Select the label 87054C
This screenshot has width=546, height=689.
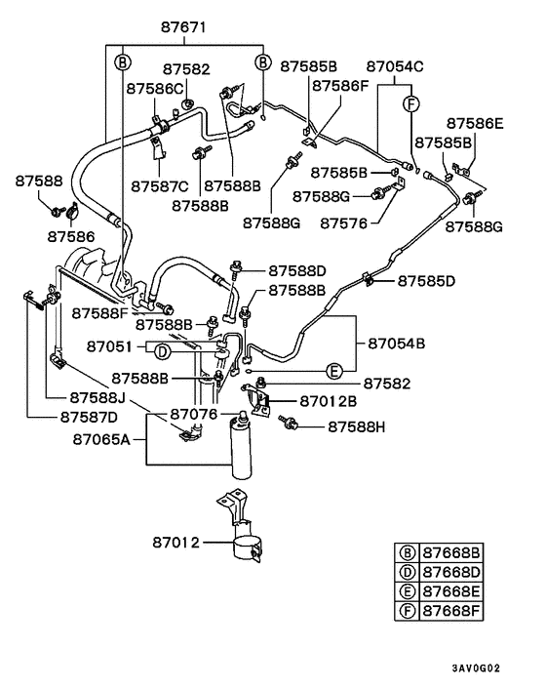click(395, 66)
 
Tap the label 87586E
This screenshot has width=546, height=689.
click(475, 124)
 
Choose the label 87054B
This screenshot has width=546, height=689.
click(396, 343)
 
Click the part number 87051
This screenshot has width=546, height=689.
click(108, 346)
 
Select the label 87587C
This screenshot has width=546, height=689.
click(161, 185)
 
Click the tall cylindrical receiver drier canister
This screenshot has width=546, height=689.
click(239, 449)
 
